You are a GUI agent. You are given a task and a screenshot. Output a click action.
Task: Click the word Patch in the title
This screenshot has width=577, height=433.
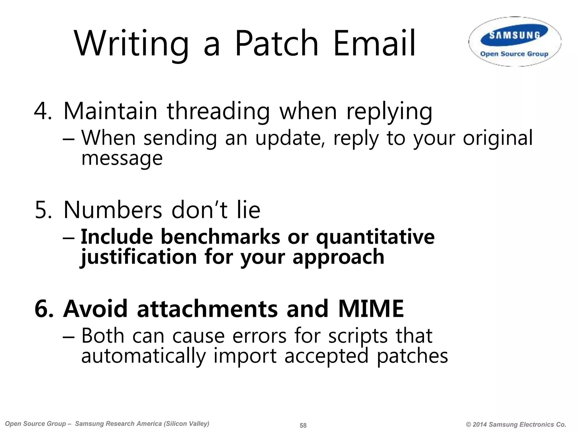click(276, 44)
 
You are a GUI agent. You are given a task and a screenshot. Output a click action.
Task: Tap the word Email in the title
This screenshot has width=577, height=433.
click(374, 44)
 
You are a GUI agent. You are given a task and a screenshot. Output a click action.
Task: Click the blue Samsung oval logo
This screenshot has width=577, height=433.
click(514, 35)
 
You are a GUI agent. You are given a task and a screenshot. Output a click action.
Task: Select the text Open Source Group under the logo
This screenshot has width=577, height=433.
click(514, 54)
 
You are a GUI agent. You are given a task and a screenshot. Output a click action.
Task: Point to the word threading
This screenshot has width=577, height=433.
click(218, 111)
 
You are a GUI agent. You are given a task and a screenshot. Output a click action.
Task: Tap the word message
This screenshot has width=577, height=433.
click(122, 158)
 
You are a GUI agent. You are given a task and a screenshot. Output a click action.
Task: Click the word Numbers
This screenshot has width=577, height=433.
click(113, 210)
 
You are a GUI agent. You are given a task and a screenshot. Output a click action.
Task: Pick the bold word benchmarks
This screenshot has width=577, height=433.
click(220, 237)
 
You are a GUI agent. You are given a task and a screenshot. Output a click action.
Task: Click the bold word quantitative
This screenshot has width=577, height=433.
click(375, 237)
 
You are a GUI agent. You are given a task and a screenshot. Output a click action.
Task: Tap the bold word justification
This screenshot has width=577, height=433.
click(138, 257)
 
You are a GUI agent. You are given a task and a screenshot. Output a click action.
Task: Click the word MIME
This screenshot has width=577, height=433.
click(371, 309)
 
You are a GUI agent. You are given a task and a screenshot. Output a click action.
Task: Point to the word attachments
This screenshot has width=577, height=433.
click(207, 309)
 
